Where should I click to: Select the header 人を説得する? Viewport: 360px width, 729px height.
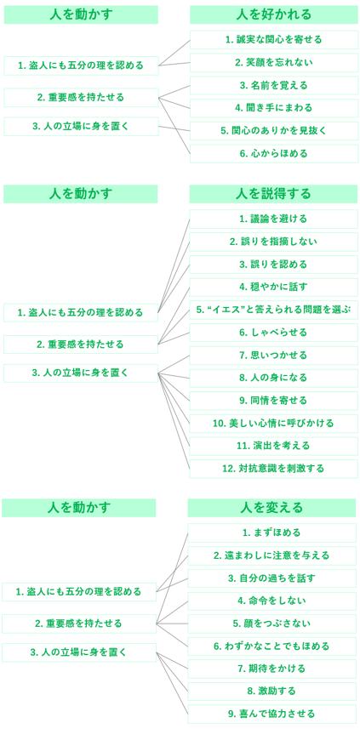(x=273, y=194)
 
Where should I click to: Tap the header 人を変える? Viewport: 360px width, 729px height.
(x=272, y=508)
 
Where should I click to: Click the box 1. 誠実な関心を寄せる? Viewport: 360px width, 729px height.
(x=274, y=39)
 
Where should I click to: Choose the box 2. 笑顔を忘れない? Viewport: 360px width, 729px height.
(x=274, y=62)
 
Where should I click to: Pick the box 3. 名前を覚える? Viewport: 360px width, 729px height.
(x=274, y=85)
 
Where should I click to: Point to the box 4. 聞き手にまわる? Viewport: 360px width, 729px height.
(x=274, y=108)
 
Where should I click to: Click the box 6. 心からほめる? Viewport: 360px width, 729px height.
(x=274, y=153)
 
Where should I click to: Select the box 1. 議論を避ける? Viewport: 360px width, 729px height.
(x=273, y=219)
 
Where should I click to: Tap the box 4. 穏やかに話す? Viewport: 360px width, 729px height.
(x=273, y=287)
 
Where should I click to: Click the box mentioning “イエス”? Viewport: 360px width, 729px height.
(x=273, y=310)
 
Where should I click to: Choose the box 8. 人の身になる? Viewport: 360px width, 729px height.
(x=273, y=378)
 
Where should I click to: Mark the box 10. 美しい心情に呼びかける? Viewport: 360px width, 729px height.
(x=273, y=424)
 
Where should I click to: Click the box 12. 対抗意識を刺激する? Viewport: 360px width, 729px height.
(x=273, y=469)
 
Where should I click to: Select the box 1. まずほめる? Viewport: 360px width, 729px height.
(x=272, y=533)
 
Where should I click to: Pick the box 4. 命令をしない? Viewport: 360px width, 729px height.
(x=272, y=601)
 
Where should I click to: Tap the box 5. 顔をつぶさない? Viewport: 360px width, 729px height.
(x=272, y=624)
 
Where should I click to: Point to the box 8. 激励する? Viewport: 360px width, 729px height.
(x=272, y=692)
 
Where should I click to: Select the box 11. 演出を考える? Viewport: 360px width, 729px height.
(x=273, y=447)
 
